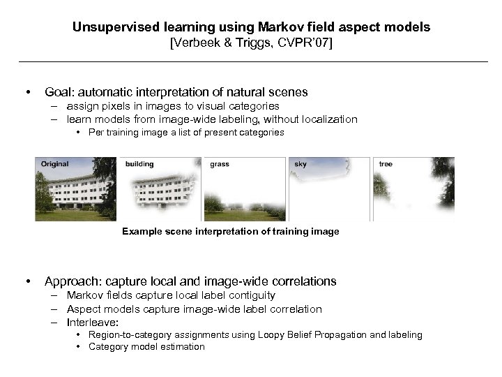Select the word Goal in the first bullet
(59, 91)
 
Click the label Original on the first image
(54, 164)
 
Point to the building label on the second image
(139, 164)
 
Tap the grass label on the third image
(219, 164)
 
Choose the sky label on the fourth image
(300, 164)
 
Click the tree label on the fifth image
(385, 164)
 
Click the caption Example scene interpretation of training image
(230, 231)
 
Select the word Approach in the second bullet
(73, 281)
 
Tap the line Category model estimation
(146, 346)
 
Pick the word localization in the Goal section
(328, 119)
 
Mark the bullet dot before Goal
(26, 92)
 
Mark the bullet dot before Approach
(26, 282)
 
